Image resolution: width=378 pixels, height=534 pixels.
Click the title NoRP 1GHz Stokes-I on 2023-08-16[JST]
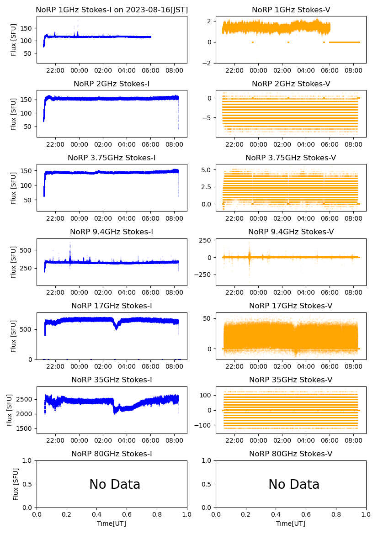(112, 10)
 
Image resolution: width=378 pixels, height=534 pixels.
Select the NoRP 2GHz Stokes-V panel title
(291, 84)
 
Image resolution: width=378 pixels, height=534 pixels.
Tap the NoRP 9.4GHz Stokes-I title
(112, 232)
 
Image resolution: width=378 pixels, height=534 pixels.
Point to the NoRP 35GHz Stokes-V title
(291, 380)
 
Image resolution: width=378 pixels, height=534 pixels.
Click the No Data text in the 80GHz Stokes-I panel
(115, 484)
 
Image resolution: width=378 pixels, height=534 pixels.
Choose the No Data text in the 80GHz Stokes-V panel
(294, 484)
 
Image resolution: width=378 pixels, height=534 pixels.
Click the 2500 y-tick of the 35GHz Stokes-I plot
(26, 399)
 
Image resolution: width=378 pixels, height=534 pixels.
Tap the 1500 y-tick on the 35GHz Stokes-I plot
(26, 428)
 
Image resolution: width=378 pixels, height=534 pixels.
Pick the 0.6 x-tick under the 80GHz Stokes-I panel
(127, 514)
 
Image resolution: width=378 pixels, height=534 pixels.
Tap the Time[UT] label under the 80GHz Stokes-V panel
(291, 523)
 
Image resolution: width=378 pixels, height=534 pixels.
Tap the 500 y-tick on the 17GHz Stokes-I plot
(27, 329)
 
